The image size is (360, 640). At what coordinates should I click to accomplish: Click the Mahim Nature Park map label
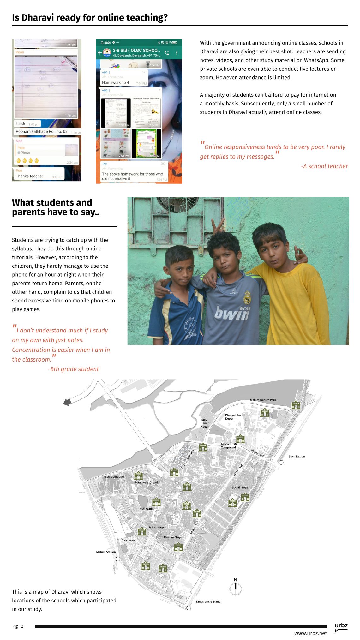point(263,400)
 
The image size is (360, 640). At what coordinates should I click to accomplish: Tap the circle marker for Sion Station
point(281,462)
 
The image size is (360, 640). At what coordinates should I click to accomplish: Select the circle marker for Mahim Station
point(118,559)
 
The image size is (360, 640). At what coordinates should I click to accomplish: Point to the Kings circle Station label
point(209,601)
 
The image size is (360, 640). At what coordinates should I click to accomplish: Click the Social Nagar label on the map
point(240,487)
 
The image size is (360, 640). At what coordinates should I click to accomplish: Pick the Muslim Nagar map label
point(173,537)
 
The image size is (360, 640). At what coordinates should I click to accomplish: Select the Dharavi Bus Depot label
point(233,417)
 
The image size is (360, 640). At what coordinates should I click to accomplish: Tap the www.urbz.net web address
point(310,633)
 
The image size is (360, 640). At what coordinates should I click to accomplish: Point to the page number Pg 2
point(18,626)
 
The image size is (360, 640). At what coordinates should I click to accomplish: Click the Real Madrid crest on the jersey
point(247,298)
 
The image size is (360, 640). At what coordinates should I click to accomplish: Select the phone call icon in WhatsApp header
point(167,53)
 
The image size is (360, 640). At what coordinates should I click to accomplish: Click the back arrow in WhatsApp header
point(100,52)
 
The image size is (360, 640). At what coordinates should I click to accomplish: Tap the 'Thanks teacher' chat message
point(29,176)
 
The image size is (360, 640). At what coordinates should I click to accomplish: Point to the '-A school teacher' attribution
point(324,166)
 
